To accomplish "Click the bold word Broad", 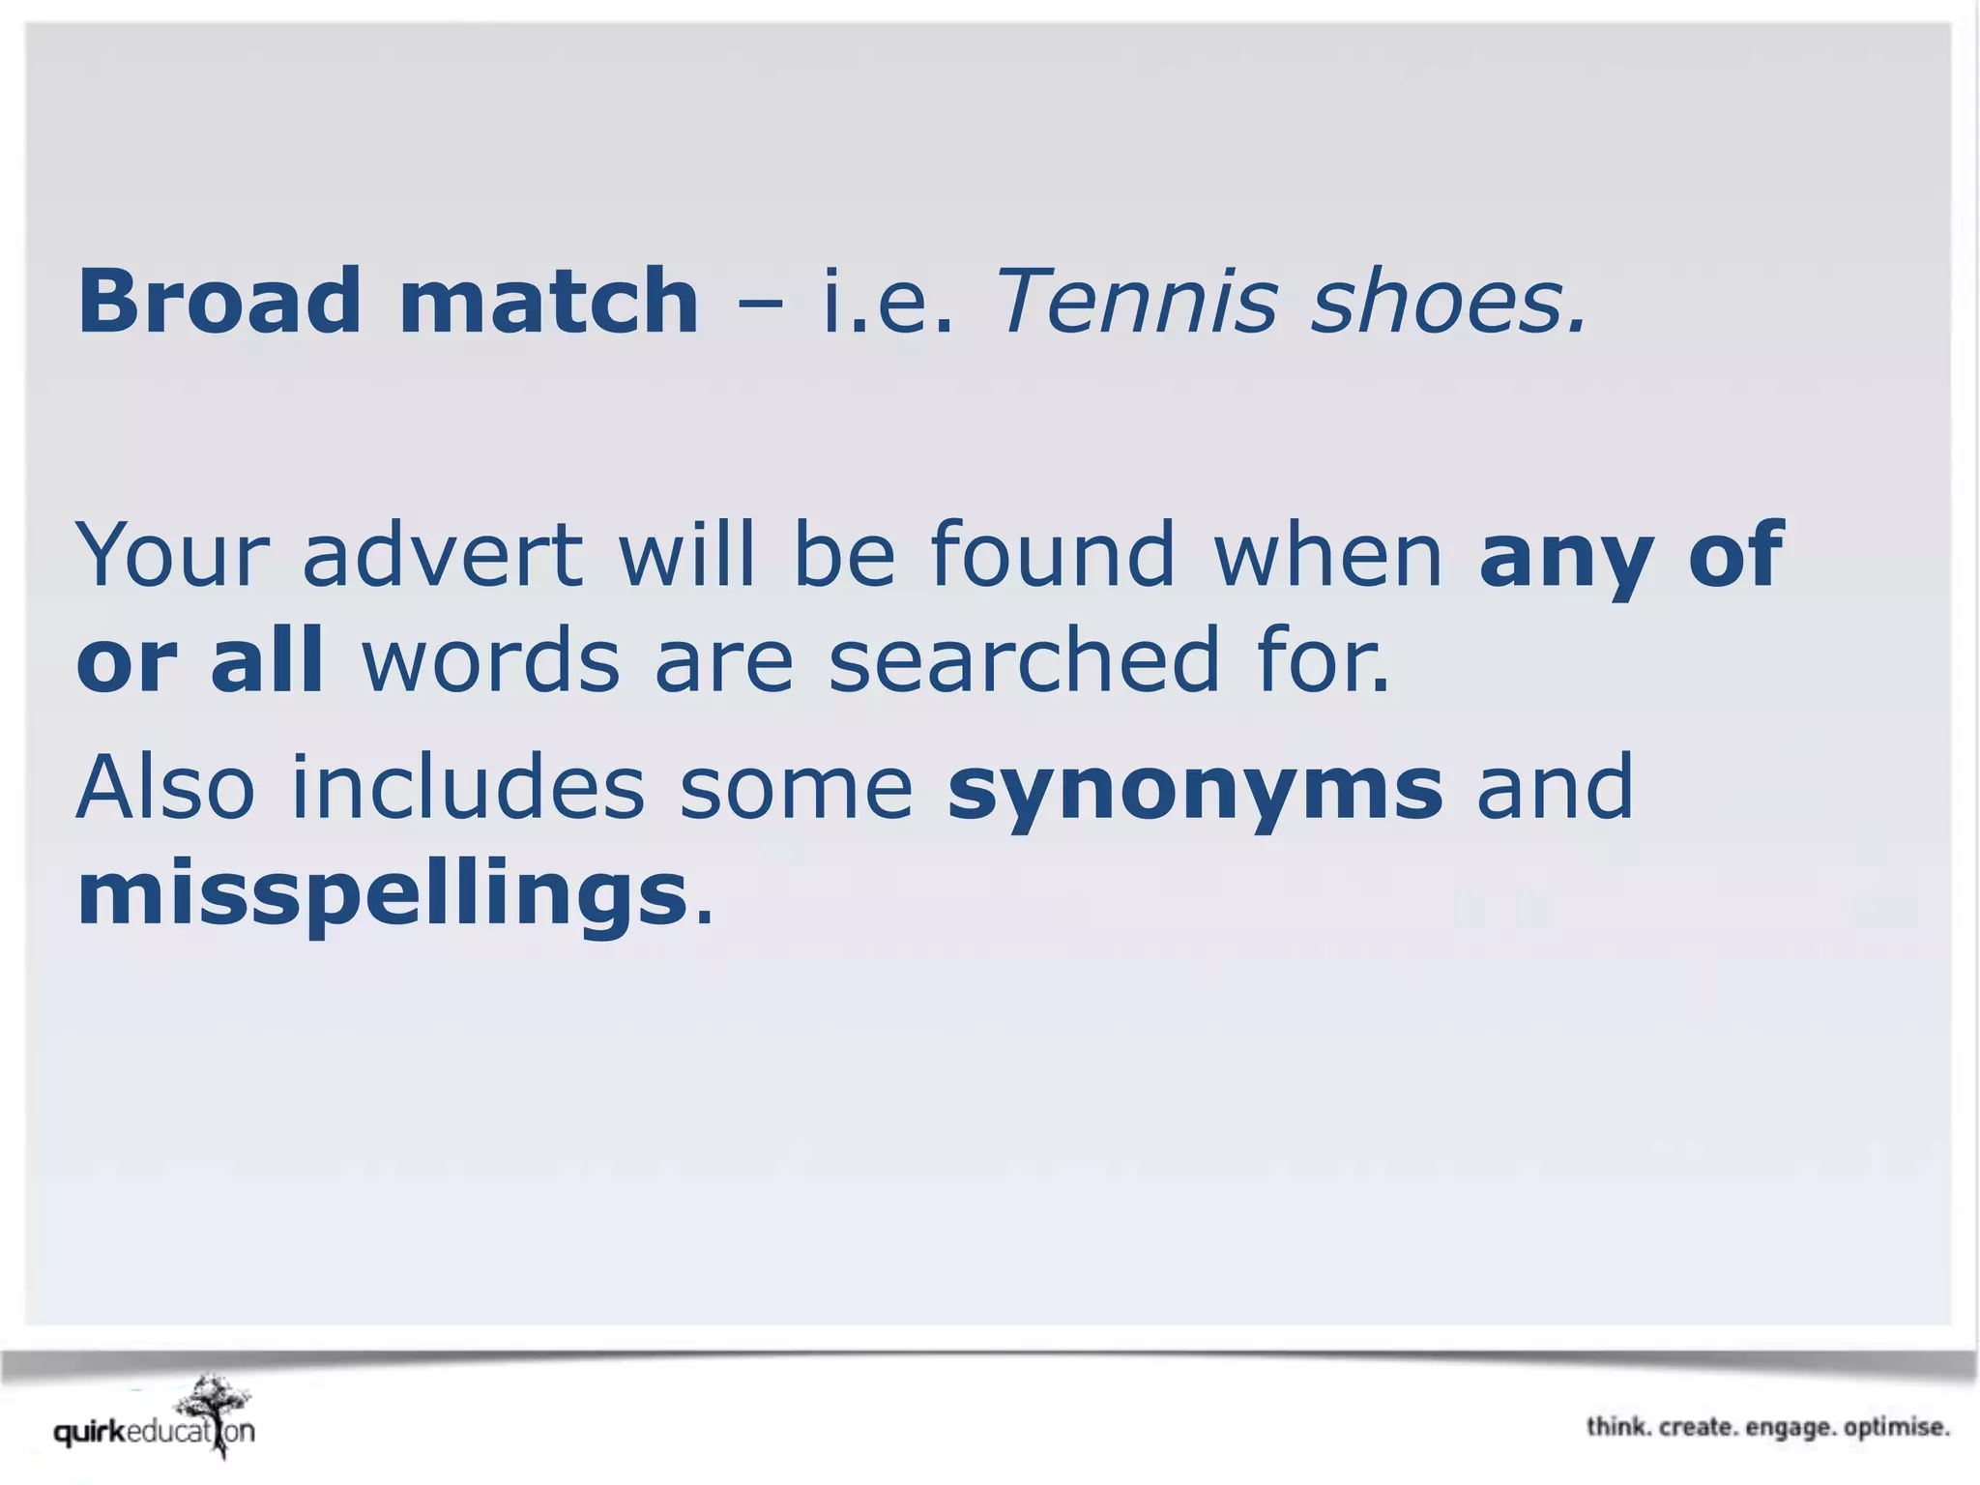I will [x=219, y=301].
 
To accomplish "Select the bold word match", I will [x=548, y=301].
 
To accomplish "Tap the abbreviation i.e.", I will [x=888, y=303].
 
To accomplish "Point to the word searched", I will [x=1025, y=659].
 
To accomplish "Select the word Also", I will [x=165, y=787].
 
